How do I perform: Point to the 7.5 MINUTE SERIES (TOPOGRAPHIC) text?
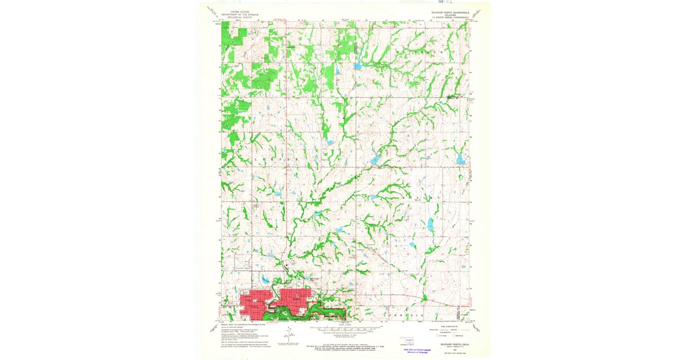pos(450,18)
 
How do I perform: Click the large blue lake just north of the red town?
pos(266,279)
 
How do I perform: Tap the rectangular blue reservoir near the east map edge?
pos(461,159)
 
